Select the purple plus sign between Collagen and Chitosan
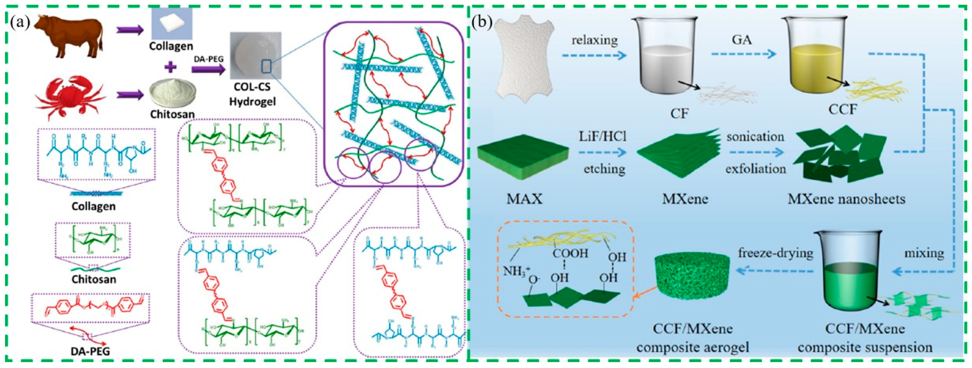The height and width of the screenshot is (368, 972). (x=171, y=68)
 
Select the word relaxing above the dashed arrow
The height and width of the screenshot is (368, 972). (x=595, y=40)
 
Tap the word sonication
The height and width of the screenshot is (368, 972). (x=755, y=137)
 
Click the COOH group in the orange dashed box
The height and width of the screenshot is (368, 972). (x=570, y=253)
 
